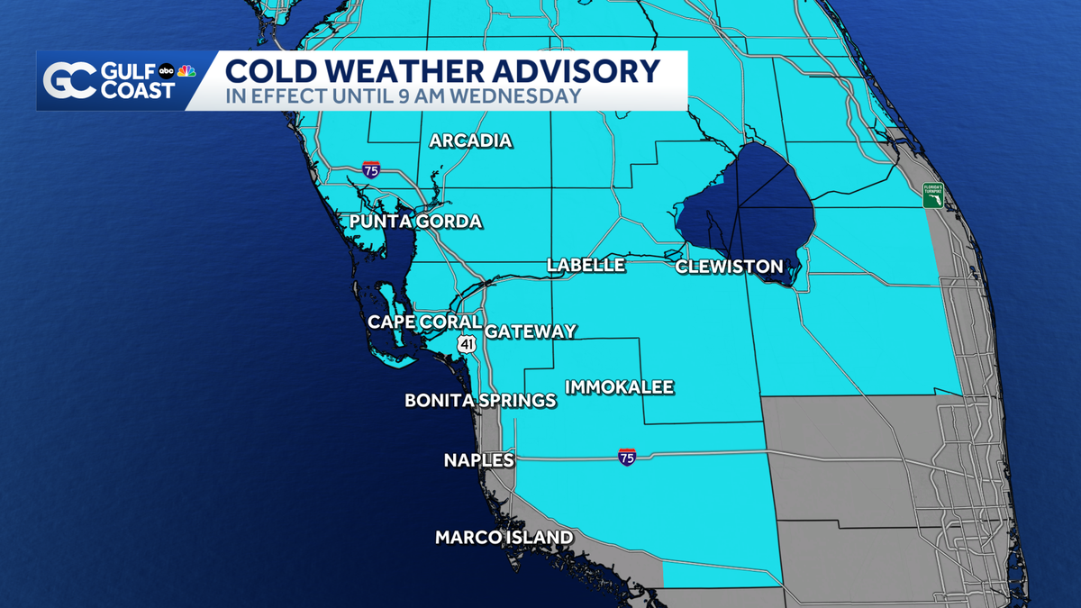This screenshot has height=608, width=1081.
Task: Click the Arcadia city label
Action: point(470,141)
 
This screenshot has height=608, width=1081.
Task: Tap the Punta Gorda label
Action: point(416,222)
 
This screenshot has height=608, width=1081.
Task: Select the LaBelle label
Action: point(586,265)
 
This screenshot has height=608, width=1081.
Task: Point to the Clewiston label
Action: point(729,267)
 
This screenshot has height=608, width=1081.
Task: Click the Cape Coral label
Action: point(424,322)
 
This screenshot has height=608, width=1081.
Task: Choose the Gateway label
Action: point(531,331)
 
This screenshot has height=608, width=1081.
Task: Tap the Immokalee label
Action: point(619,387)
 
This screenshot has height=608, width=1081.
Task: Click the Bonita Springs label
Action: point(480,400)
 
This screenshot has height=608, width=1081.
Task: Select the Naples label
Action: point(478,460)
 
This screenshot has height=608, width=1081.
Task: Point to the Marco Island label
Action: point(504,538)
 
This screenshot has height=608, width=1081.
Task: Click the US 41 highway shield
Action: point(466,343)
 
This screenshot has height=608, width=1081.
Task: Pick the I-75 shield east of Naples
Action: point(628,457)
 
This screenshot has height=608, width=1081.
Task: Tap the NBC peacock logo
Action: point(186,71)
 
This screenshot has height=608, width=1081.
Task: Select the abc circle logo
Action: point(167,71)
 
